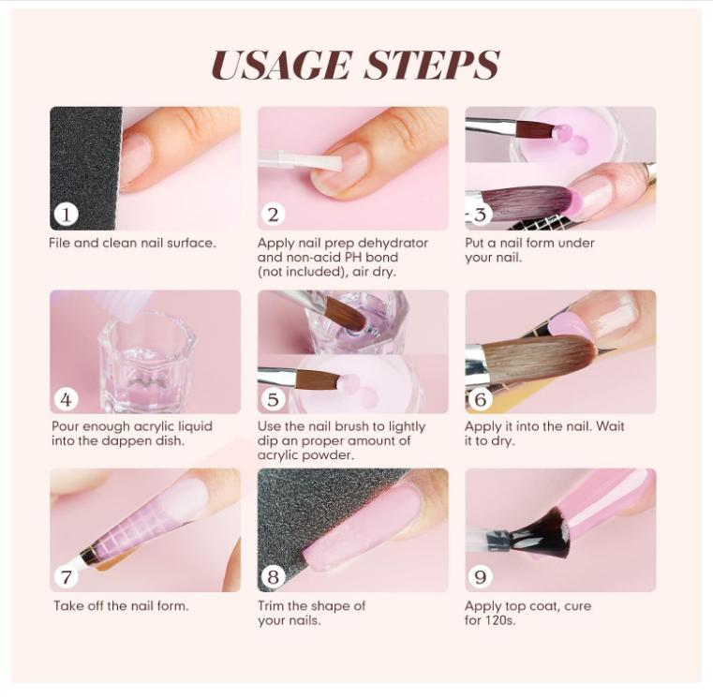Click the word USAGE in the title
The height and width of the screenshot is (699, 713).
pos(281,65)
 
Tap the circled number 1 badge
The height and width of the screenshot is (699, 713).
pos(66,214)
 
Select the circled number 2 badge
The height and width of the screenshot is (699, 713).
pos(273,214)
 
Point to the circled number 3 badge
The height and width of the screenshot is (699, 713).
pos(481,214)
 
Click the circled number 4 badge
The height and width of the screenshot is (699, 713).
pos(66,398)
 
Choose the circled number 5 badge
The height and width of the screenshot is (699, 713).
pos(273,398)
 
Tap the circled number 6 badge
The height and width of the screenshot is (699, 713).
pos(481,398)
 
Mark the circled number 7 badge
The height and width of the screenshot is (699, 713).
pos(66,576)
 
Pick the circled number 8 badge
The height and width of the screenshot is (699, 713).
pos(273,576)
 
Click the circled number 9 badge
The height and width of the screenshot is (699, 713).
pos(481,576)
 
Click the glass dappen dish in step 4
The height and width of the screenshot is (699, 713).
pos(146,361)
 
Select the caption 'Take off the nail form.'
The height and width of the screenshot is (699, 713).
pos(121,605)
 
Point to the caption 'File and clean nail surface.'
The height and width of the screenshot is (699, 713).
pos(132,243)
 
